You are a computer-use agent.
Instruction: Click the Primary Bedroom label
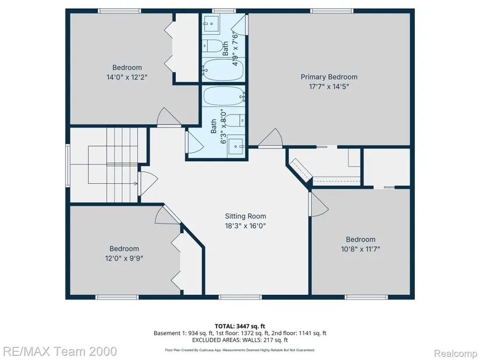[329, 77]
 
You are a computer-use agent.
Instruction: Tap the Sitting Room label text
[245, 216]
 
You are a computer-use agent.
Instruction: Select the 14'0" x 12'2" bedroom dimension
[127, 77]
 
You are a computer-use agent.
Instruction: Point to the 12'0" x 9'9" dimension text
[124, 258]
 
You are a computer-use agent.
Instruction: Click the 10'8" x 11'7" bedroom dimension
[360, 249]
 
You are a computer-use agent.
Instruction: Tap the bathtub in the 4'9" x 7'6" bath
[223, 69]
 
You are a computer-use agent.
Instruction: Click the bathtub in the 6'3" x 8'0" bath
[223, 95]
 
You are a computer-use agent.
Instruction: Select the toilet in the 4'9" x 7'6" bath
[214, 46]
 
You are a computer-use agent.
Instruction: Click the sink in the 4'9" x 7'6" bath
[211, 22]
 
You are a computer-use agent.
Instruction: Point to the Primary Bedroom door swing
[271, 138]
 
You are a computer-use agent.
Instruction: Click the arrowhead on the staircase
[136, 183]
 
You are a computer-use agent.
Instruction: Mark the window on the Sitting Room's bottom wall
[240, 297]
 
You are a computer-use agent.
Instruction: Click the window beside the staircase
[67, 165]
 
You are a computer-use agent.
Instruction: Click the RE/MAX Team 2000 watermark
[59, 351]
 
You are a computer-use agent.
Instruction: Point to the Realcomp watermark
[455, 354]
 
